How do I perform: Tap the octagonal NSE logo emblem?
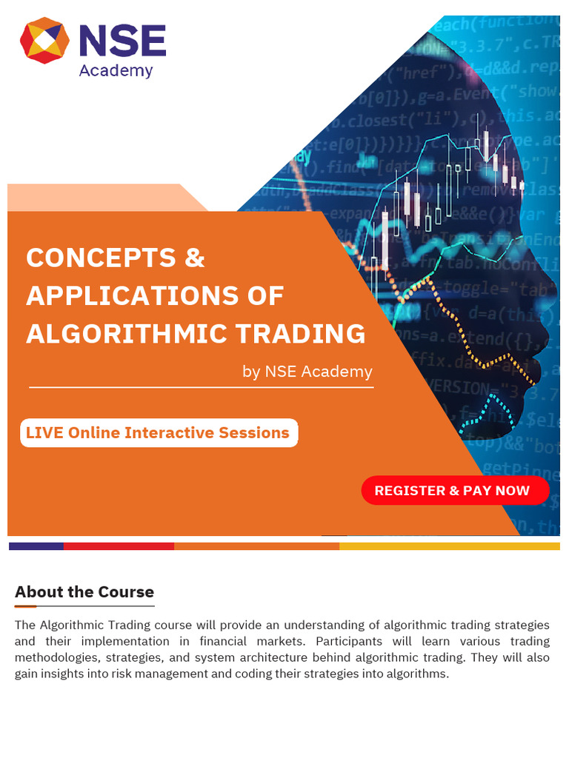tap(44, 41)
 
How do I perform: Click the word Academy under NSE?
tap(116, 71)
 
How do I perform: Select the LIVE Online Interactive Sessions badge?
tap(159, 433)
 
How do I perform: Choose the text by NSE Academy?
tap(307, 372)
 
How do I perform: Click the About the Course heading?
tap(84, 592)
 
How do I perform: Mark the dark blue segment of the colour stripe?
tap(36, 546)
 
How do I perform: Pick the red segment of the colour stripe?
tap(119, 546)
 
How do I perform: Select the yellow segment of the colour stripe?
tap(449, 546)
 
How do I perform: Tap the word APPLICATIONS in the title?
tap(123, 295)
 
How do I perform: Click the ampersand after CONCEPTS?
tap(193, 258)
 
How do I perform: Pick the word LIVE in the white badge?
tap(44, 433)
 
